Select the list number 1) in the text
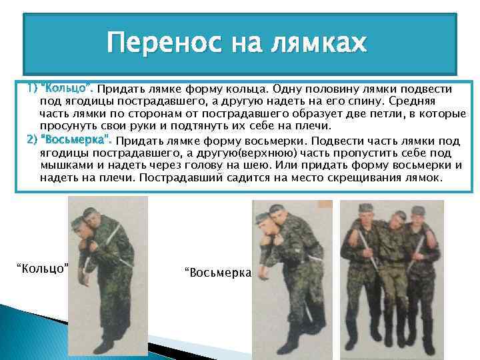[x=32, y=89]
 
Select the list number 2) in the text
[x=32, y=141]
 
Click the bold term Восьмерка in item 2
[x=77, y=141]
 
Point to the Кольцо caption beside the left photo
[x=43, y=268]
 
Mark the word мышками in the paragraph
[x=61, y=165]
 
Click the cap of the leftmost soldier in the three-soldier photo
[x=365, y=208]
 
